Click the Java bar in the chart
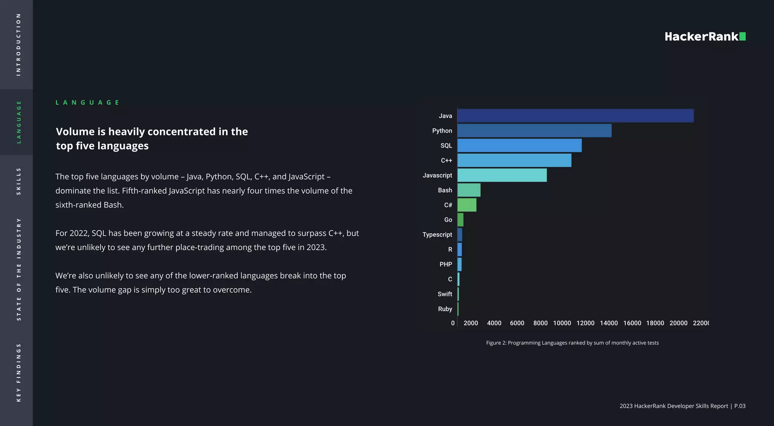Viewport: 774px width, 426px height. click(x=575, y=116)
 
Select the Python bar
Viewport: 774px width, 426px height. click(x=534, y=130)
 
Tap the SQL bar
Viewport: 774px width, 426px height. click(x=519, y=146)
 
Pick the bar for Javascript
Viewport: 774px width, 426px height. click(x=502, y=175)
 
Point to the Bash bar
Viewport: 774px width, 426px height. click(x=469, y=190)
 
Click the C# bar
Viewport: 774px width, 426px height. click(x=467, y=205)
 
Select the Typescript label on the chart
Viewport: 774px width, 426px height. click(x=437, y=234)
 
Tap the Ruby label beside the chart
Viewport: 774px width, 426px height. click(x=445, y=309)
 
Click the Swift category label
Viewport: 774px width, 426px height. click(x=444, y=294)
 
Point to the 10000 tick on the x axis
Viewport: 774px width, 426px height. click(x=562, y=323)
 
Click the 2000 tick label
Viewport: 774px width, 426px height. click(x=471, y=323)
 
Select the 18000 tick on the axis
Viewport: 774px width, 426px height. click(x=655, y=323)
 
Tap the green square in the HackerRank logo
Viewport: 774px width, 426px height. click(x=742, y=36)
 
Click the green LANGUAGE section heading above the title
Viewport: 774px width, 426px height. click(x=87, y=102)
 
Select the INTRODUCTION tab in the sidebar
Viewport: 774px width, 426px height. click(x=18, y=45)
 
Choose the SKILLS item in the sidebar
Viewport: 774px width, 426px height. click(x=18, y=181)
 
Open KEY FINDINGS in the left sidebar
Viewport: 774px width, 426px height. click(x=18, y=372)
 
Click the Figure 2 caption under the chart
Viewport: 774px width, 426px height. click(x=572, y=343)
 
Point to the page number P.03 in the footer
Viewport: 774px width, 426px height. click(x=740, y=406)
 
